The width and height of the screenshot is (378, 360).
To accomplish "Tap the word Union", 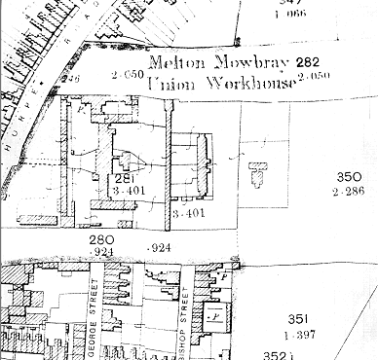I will click(x=168, y=84).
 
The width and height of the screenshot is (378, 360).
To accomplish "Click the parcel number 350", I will click(x=350, y=178).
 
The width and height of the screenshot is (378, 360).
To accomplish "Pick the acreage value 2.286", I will click(x=350, y=193).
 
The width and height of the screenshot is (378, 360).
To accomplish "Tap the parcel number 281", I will click(x=123, y=179).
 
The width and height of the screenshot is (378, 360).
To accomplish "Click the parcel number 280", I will click(x=102, y=239).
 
